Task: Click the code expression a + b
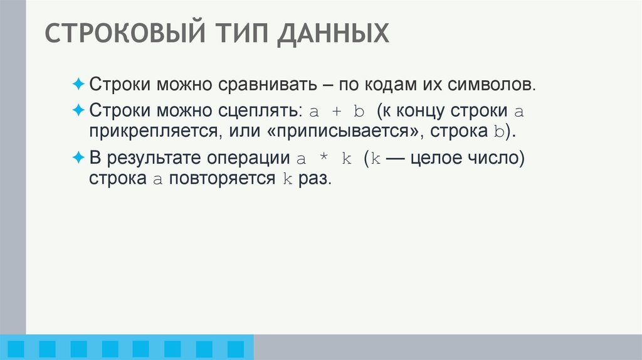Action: pos(337,112)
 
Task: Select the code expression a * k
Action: pos(324,159)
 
